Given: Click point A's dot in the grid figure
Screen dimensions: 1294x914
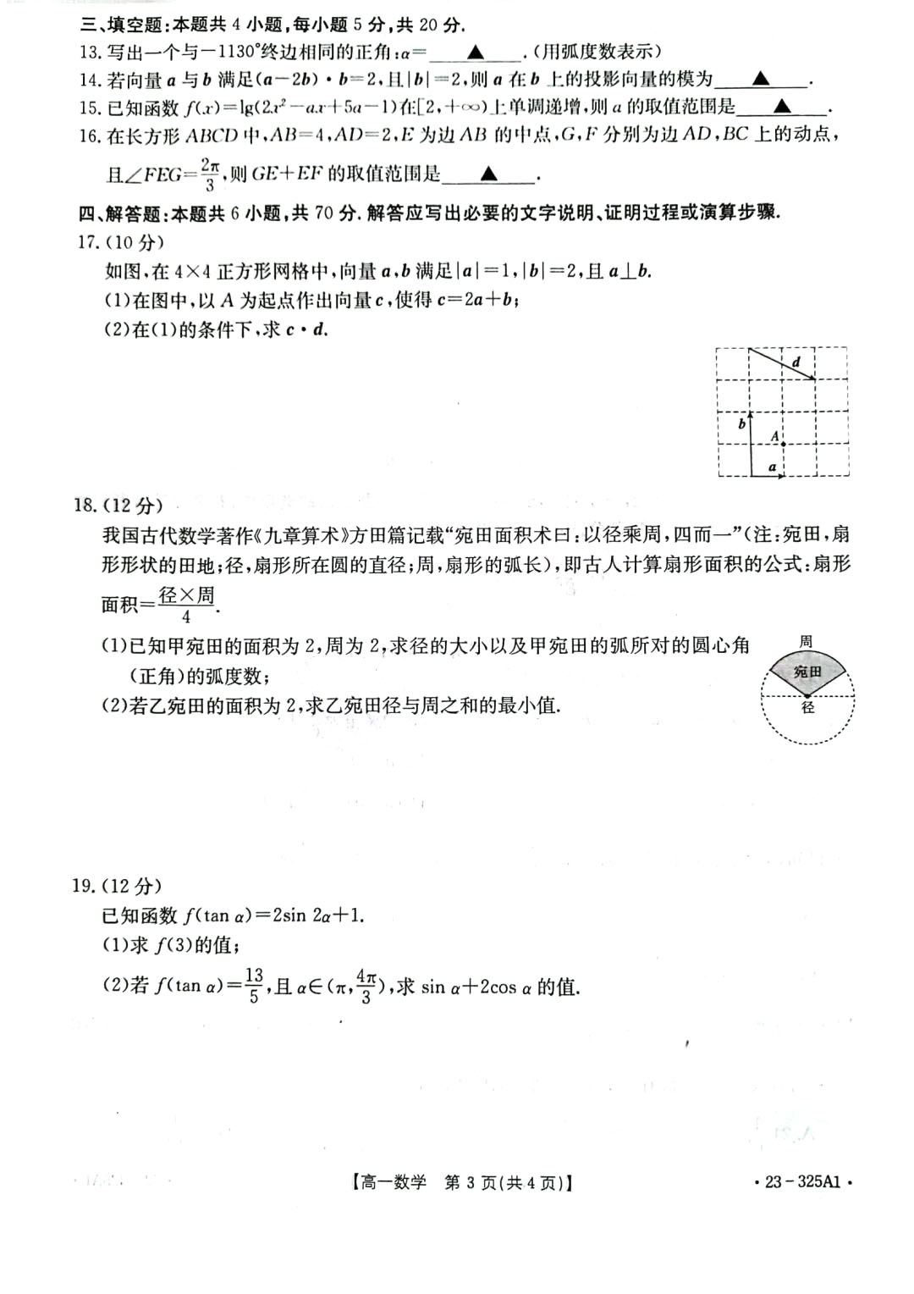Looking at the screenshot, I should click(x=785, y=443).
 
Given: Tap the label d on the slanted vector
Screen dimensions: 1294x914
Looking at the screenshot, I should click(x=796, y=362).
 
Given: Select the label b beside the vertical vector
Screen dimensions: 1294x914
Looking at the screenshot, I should click(x=741, y=423).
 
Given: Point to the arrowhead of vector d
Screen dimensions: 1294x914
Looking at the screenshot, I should click(x=812, y=378).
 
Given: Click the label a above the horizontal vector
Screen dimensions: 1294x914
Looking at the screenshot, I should click(x=772, y=466).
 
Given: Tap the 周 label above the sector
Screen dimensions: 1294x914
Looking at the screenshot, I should click(x=807, y=642).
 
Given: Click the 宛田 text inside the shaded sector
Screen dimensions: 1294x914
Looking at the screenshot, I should click(x=807, y=672).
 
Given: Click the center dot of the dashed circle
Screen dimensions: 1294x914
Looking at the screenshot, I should click(x=807, y=696).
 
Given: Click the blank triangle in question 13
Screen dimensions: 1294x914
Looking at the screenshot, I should click(x=476, y=53).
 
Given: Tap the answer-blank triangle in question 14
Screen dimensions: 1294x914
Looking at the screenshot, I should click(x=761, y=80).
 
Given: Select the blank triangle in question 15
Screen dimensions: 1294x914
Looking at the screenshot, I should click(x=782, y=107).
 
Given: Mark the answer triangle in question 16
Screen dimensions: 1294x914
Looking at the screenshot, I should click(x=488, y=174).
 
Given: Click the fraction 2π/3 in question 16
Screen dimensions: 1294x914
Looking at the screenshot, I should click(x=210, y=173).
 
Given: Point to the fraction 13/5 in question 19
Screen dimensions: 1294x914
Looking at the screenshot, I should click(x=254, y=986).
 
